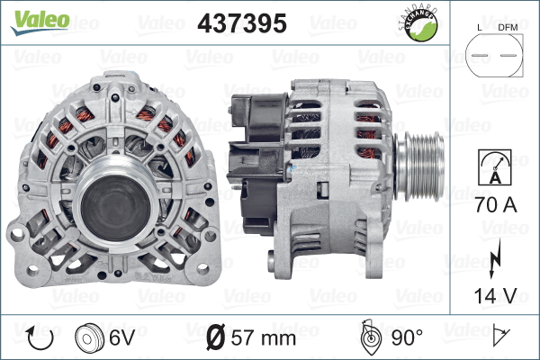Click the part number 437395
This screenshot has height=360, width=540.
242,24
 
